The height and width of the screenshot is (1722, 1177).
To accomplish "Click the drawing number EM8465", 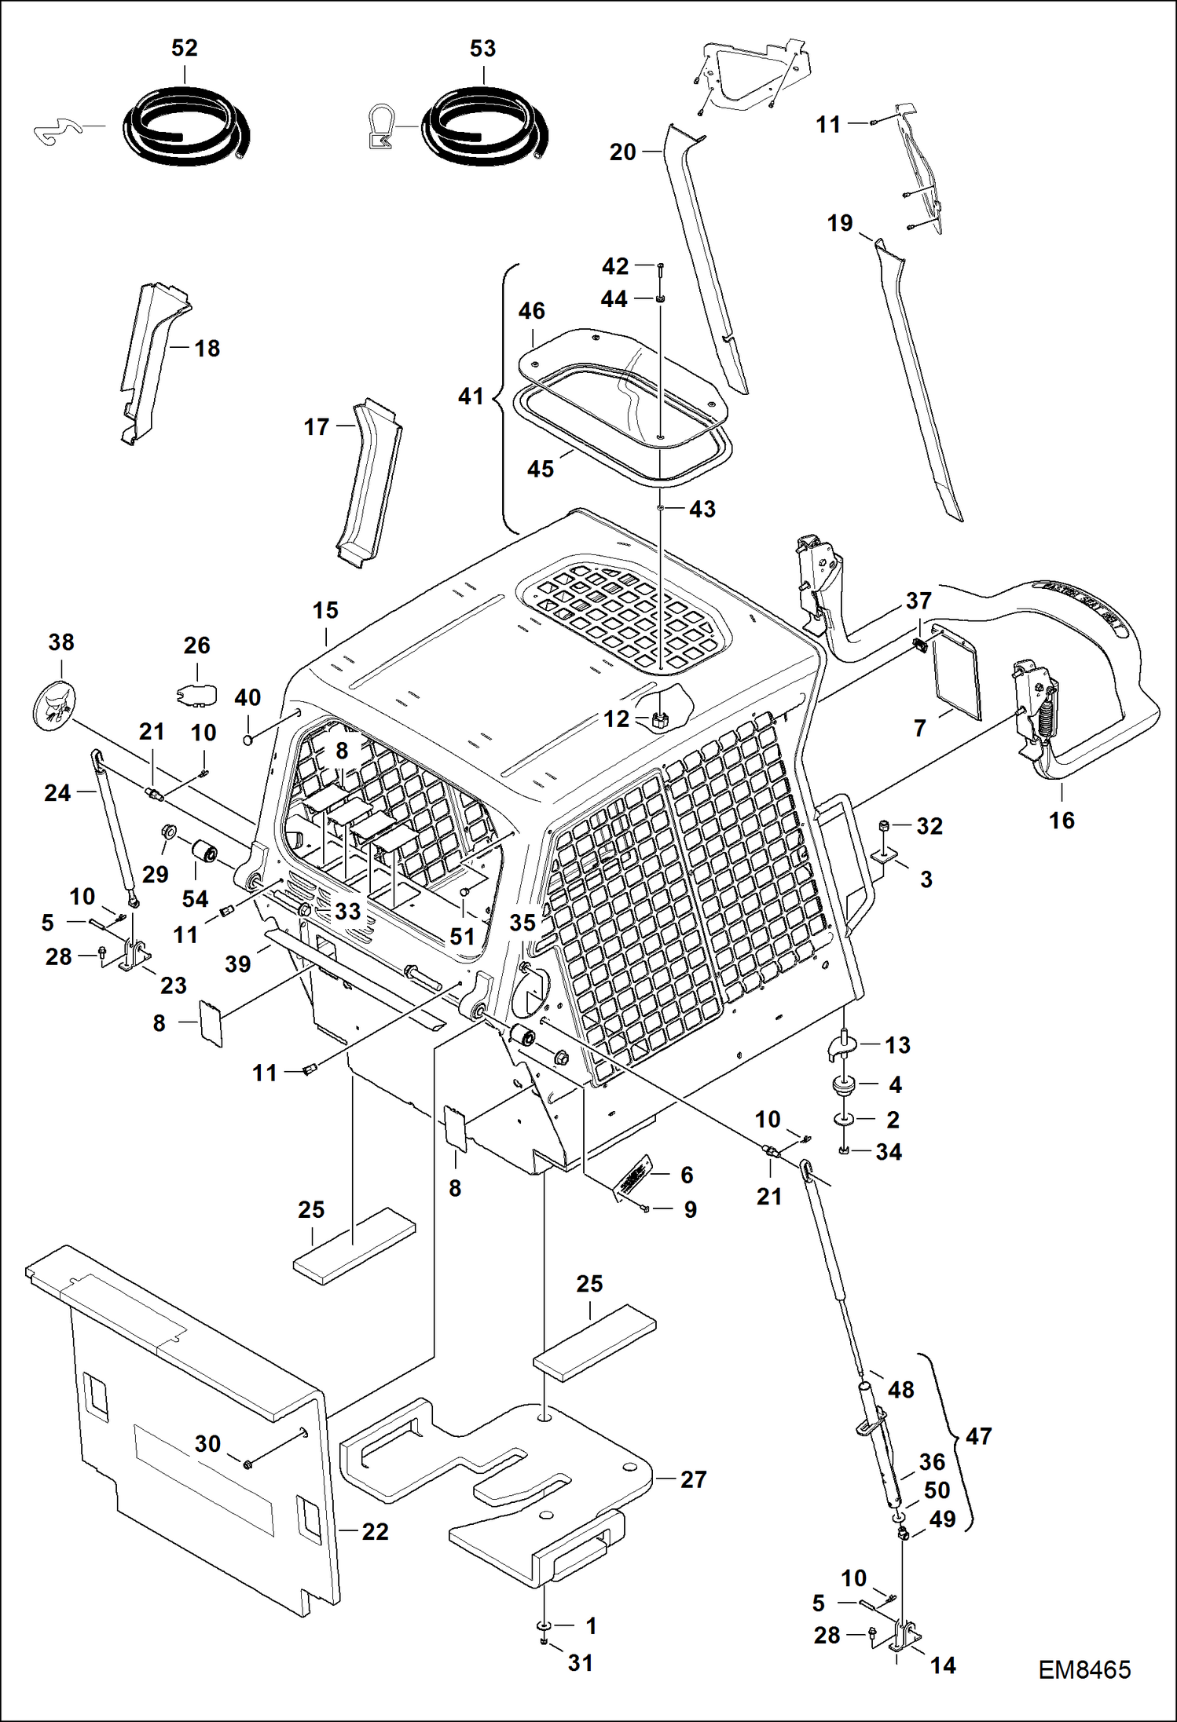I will pyautogui.click(x=1084, y=1669).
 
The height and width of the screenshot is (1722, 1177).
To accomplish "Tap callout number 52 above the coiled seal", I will pyautogui.click(x=184, y=48).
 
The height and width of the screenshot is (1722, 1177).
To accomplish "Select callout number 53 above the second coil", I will pyautogui.click(x=482, y=49).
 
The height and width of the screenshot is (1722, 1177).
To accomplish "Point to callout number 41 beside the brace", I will pyautogui.click(x=471, y=397).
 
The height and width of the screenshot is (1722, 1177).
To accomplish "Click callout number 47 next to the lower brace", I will pyautogui.click(x=978, y=1436).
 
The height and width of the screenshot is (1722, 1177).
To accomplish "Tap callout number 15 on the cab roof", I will pyautogui.click(x=325, y=610).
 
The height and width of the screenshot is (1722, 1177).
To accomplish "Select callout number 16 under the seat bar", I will pyautogui.click(x=1061, y=821).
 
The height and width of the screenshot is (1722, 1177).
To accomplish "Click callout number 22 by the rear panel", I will pyautogui.click(x=375, y=1531).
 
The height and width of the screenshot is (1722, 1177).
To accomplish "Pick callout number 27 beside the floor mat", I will pyautogui.click(x=693, y=1479).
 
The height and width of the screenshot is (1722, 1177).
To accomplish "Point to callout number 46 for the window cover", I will pyautogui.click(x=531, y=311).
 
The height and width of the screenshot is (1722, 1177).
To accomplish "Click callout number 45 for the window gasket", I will pyautogui.click(x=541, y=469).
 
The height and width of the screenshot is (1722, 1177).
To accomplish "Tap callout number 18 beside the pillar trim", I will pyautogui.click(x=207, y=349).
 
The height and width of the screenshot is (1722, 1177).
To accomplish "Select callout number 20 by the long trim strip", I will pyautogui.click(x=622, y=152).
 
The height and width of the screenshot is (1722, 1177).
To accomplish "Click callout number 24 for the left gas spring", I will pyautogui.click(x=57, y=793).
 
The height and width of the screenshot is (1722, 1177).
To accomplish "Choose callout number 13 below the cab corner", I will pyautogui.click(x=897, y=1045).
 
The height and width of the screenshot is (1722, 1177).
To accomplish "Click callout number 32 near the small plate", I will pyautogui.click(x=929, y=826).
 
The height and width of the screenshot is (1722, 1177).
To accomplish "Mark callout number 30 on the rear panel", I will pyautogui.click(x=207, y=1443).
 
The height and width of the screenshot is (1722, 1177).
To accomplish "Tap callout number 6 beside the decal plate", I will pyautogui.click(x=687, y=1175).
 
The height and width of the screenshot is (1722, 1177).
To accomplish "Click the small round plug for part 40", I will pyautogui.click(x=248, y=740).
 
